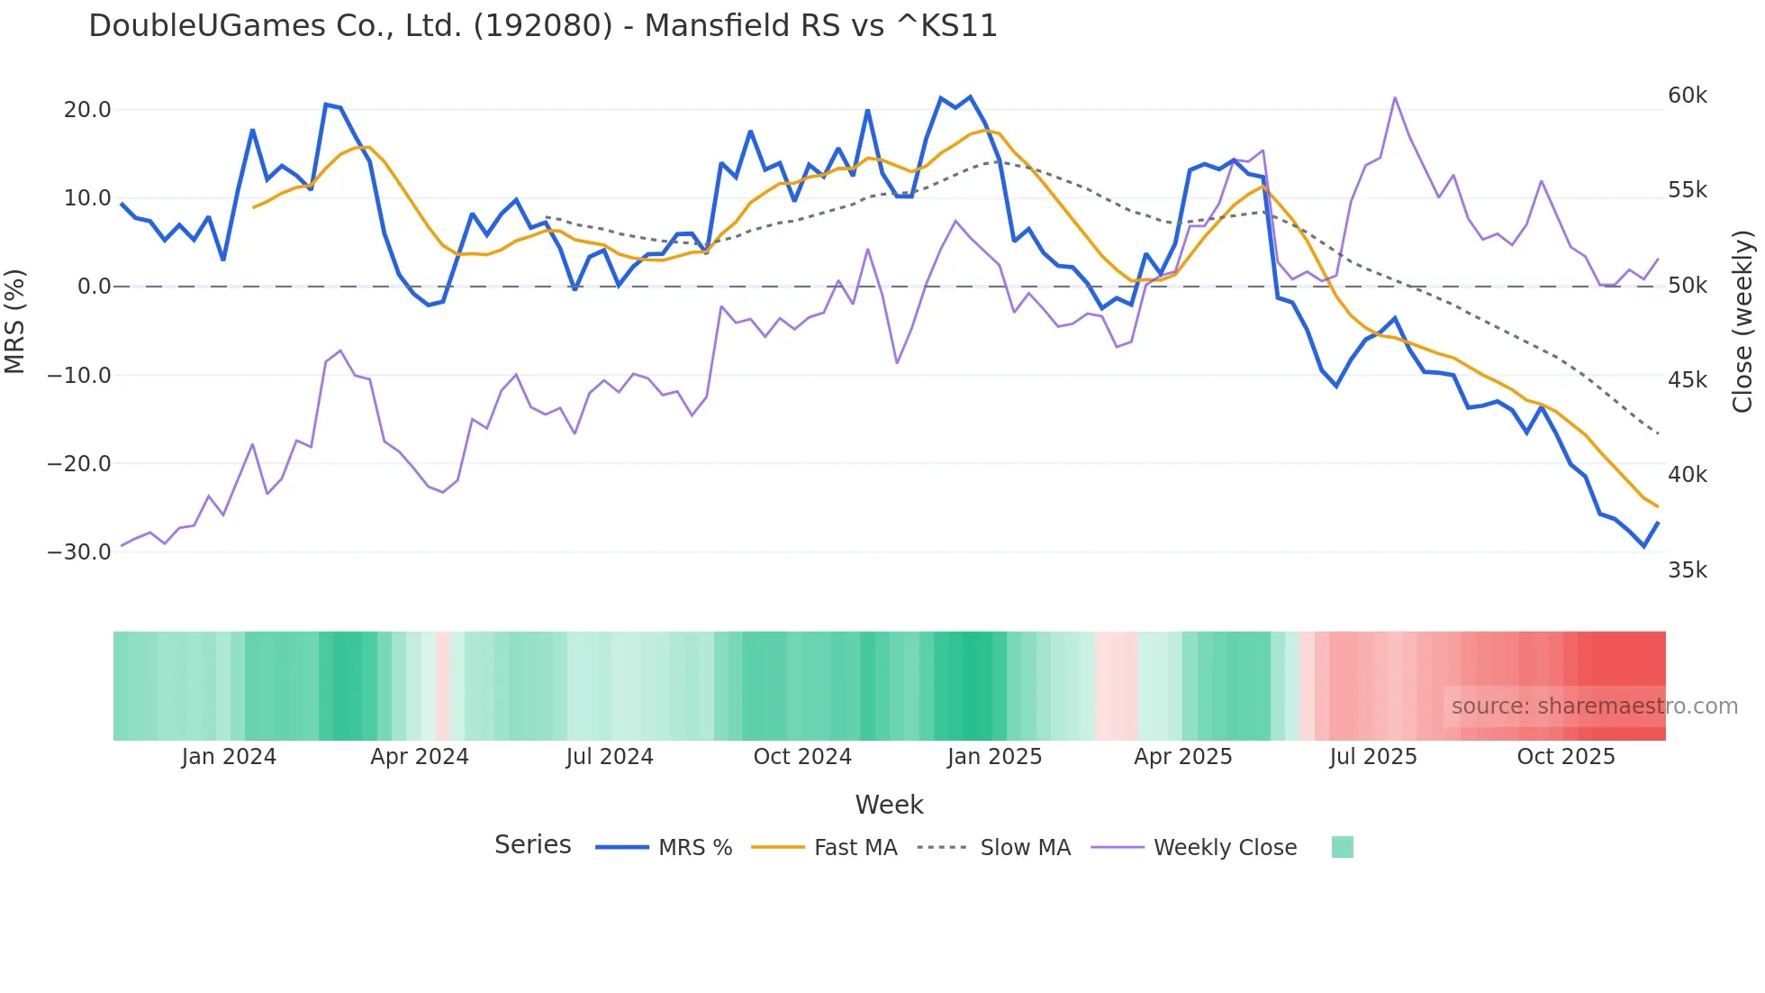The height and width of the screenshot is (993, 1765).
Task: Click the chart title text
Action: click(x=543, y=26)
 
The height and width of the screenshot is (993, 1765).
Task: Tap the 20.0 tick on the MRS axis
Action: click(x=87, y=110)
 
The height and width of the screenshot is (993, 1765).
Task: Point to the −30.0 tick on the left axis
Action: click(x=79, y=552)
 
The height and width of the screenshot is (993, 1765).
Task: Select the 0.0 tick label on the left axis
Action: click(x=94, y=287)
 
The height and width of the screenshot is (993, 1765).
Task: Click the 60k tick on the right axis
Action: click(x=1687, y=96)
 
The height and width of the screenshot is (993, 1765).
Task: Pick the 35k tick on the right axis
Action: click(x=1687, y=570)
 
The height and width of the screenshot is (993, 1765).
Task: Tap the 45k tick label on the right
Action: click(x=1687, y=380)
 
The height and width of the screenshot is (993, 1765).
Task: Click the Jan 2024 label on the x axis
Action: click(x=229, y=757)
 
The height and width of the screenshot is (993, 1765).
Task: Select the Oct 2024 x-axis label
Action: click(x=802, y=757)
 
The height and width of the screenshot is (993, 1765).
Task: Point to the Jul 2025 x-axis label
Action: click(x=1372, y=757)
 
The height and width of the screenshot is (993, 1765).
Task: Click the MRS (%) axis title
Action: click(x=15, y=321)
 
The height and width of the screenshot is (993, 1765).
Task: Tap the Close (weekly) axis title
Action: click(x=1743, y=322)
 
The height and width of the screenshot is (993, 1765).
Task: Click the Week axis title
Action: click(x=889, y=805)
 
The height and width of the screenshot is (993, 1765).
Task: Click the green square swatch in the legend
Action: click(x=1342, y=847)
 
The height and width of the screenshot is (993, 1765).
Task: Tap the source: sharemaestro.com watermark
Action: click(x=1594, y=706)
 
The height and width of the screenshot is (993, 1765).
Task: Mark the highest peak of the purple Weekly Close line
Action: click(x=1394, y=97)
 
